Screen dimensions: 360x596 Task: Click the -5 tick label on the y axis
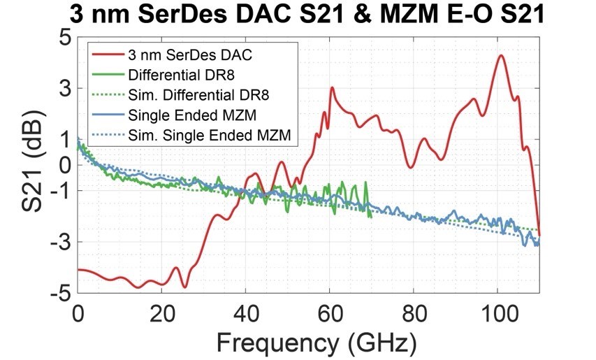[59, 294]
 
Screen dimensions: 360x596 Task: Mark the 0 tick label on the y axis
[65, 165]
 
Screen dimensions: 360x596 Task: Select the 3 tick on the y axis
[65, 89]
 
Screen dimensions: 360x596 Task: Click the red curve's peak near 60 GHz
[332, 88]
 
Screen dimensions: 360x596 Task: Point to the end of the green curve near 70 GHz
[371, 217]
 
